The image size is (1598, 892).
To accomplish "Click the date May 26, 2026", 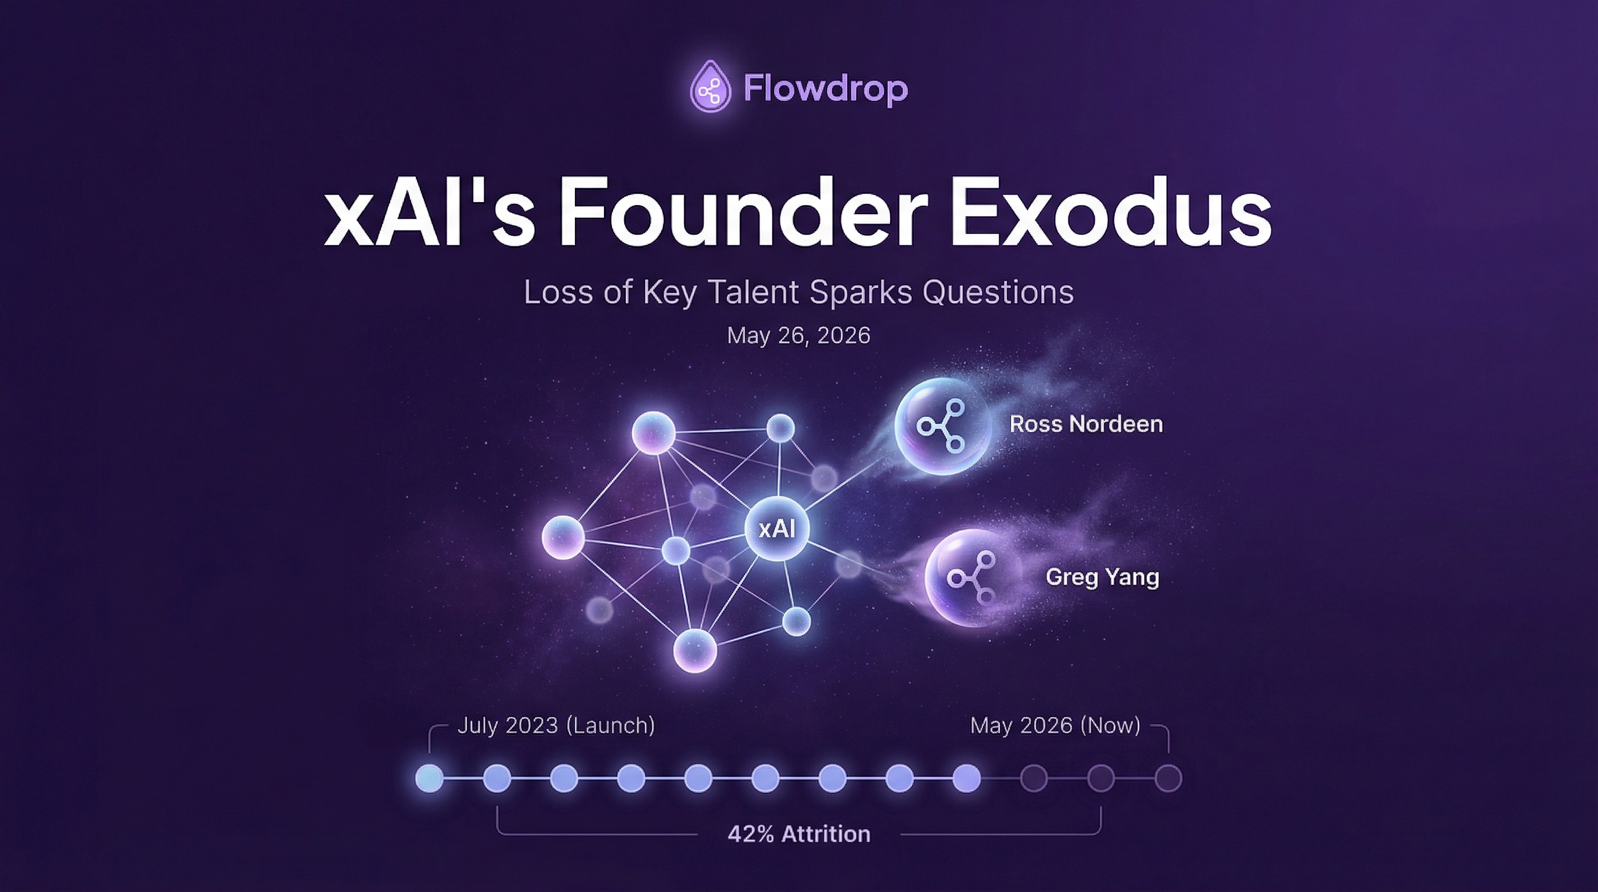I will [798, 336].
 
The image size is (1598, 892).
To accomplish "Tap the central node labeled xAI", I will [777, 528].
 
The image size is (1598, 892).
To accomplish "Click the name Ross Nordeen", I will [1086, 425].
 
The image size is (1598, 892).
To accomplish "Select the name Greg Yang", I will [1102, 577].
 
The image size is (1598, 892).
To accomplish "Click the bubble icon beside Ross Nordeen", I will [941, 426].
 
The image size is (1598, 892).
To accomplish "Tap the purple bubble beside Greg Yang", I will [971, 577].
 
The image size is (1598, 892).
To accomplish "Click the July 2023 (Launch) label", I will [556, 725].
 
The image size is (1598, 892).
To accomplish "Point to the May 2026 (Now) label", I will [1054, 725].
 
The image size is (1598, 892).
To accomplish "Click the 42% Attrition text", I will [798, 835].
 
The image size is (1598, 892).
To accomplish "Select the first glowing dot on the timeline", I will [429, 778].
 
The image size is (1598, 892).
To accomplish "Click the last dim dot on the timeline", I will [1168, 778].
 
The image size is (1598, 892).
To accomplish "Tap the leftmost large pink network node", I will [563, 537].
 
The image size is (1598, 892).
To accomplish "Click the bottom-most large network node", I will [695, 650].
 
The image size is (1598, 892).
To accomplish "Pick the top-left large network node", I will [653, 433].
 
